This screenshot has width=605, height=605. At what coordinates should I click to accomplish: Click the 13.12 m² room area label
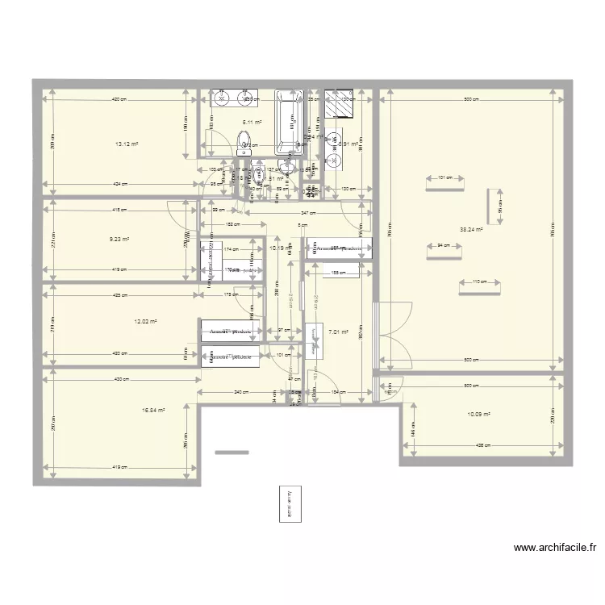(126, 144)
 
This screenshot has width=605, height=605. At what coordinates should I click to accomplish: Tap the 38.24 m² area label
(470, 229)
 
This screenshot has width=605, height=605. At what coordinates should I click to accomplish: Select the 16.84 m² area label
(153, 410)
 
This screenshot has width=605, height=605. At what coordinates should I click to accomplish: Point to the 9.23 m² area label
(120, 239)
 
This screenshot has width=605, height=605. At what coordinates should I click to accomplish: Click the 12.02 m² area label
(145, 321)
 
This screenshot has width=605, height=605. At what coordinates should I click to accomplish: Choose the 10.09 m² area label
(478, 415)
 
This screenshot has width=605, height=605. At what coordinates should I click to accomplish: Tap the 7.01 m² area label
(337, 330)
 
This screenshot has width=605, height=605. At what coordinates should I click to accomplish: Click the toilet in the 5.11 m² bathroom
(244, 145)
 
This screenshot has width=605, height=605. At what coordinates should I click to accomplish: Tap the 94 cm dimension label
(443, 245)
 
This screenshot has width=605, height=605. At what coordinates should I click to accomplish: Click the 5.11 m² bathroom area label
(252, 123)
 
